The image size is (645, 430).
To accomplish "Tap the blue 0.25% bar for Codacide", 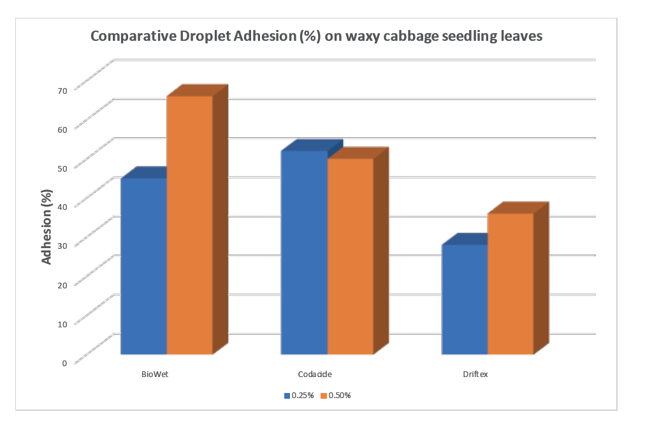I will click(304, 252).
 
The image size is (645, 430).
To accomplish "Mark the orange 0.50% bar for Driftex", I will click(510, 283).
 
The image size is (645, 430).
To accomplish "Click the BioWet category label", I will click(155, 374).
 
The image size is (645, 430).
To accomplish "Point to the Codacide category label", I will click(315, 374).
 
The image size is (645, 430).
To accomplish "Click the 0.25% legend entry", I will click(299, 396).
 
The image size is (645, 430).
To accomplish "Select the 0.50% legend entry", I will click(336, 396).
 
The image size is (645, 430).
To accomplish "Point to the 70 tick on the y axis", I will click(62, 90).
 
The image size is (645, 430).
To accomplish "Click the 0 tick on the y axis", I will click(64, 363).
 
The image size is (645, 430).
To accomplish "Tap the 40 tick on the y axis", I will click(62, 207).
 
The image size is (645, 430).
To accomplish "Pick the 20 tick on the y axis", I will click(62, 285).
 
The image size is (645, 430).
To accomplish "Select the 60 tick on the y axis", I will click(62, 129).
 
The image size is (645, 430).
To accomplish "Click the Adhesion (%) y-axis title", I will click(46, 227).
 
